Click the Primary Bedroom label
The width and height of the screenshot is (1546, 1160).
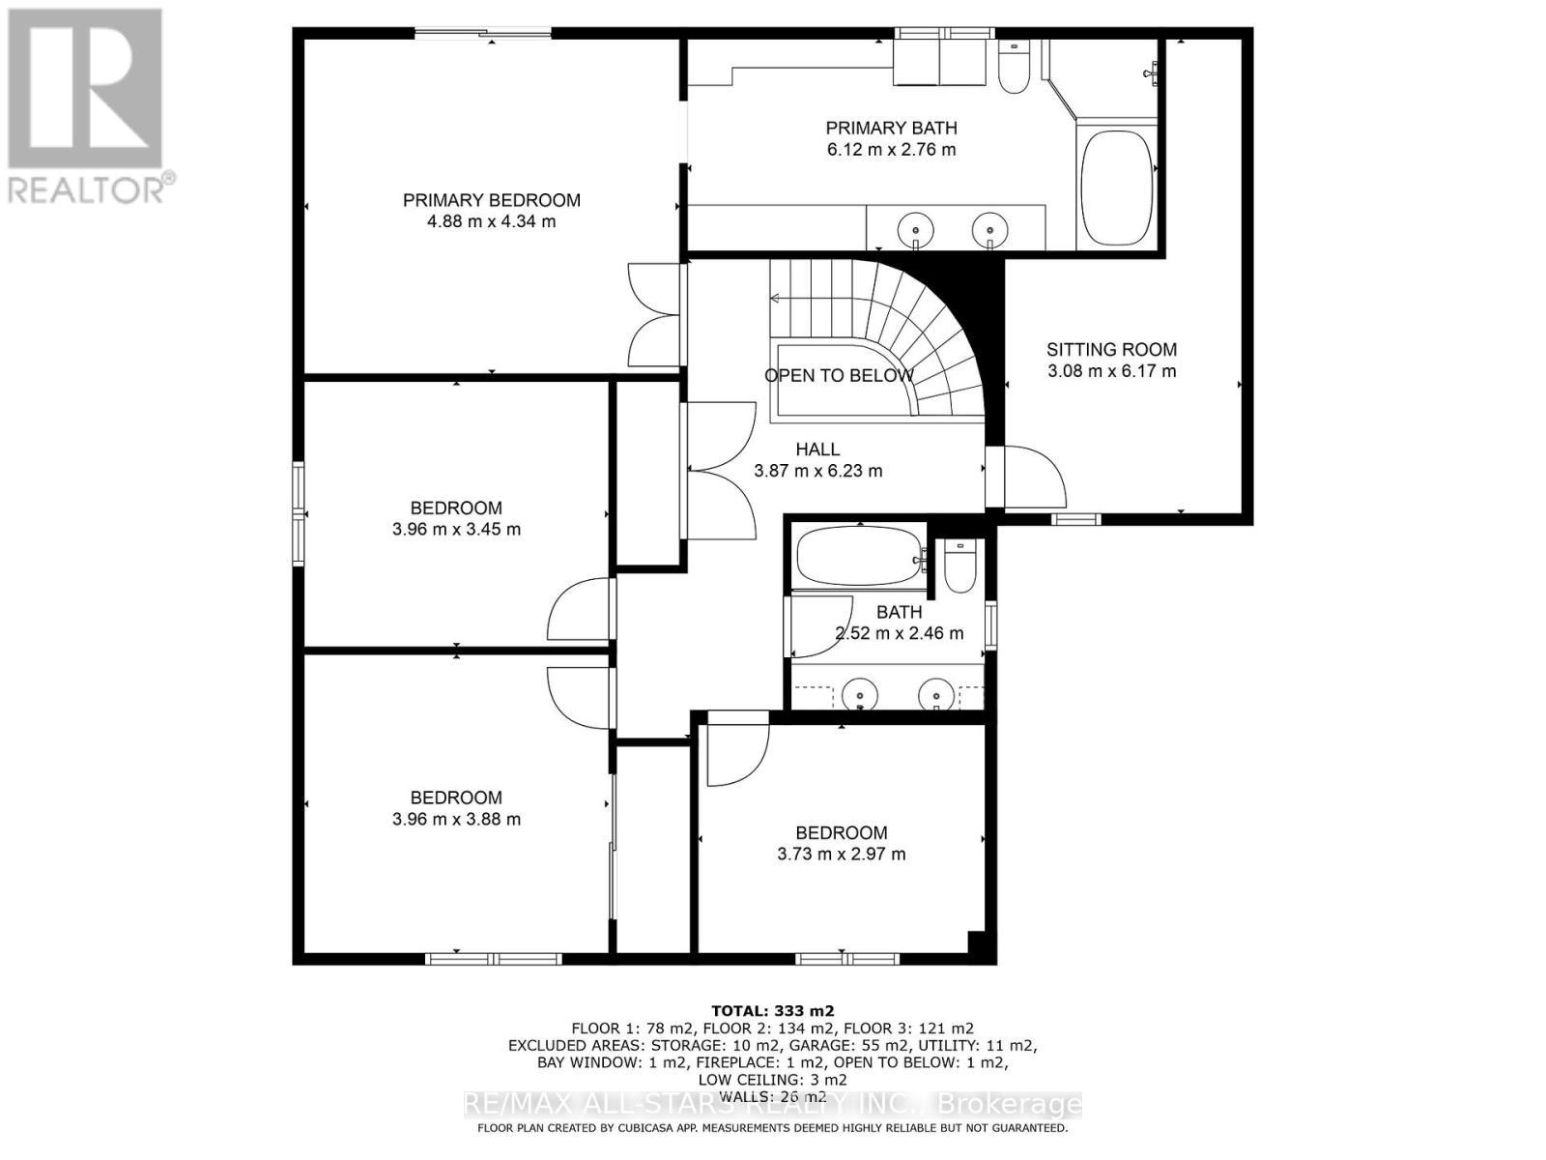(x=491, y=200)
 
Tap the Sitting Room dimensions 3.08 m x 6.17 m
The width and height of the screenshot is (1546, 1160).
(x=1111, y=371)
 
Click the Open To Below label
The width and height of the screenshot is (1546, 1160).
(x=838, y=376)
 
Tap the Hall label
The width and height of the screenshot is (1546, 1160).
(x=817, y=449)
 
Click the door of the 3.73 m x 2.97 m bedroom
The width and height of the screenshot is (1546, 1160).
(x=736, y=749)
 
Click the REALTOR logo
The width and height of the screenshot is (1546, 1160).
(x=87, y=106)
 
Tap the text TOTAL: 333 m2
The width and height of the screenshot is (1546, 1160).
(x=772, y=1010)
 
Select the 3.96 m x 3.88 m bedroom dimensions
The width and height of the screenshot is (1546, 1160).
(x=456, y=820)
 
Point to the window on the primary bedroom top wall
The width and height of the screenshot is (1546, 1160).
(x=483, y=35)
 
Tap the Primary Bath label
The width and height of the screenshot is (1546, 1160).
(x=891, y=128)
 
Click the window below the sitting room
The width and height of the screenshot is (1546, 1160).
(x=1075, y=519)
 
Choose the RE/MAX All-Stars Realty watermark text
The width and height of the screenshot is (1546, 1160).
(x=772, y=1104)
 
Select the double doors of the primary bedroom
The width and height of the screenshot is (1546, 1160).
(x=654, y=314)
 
